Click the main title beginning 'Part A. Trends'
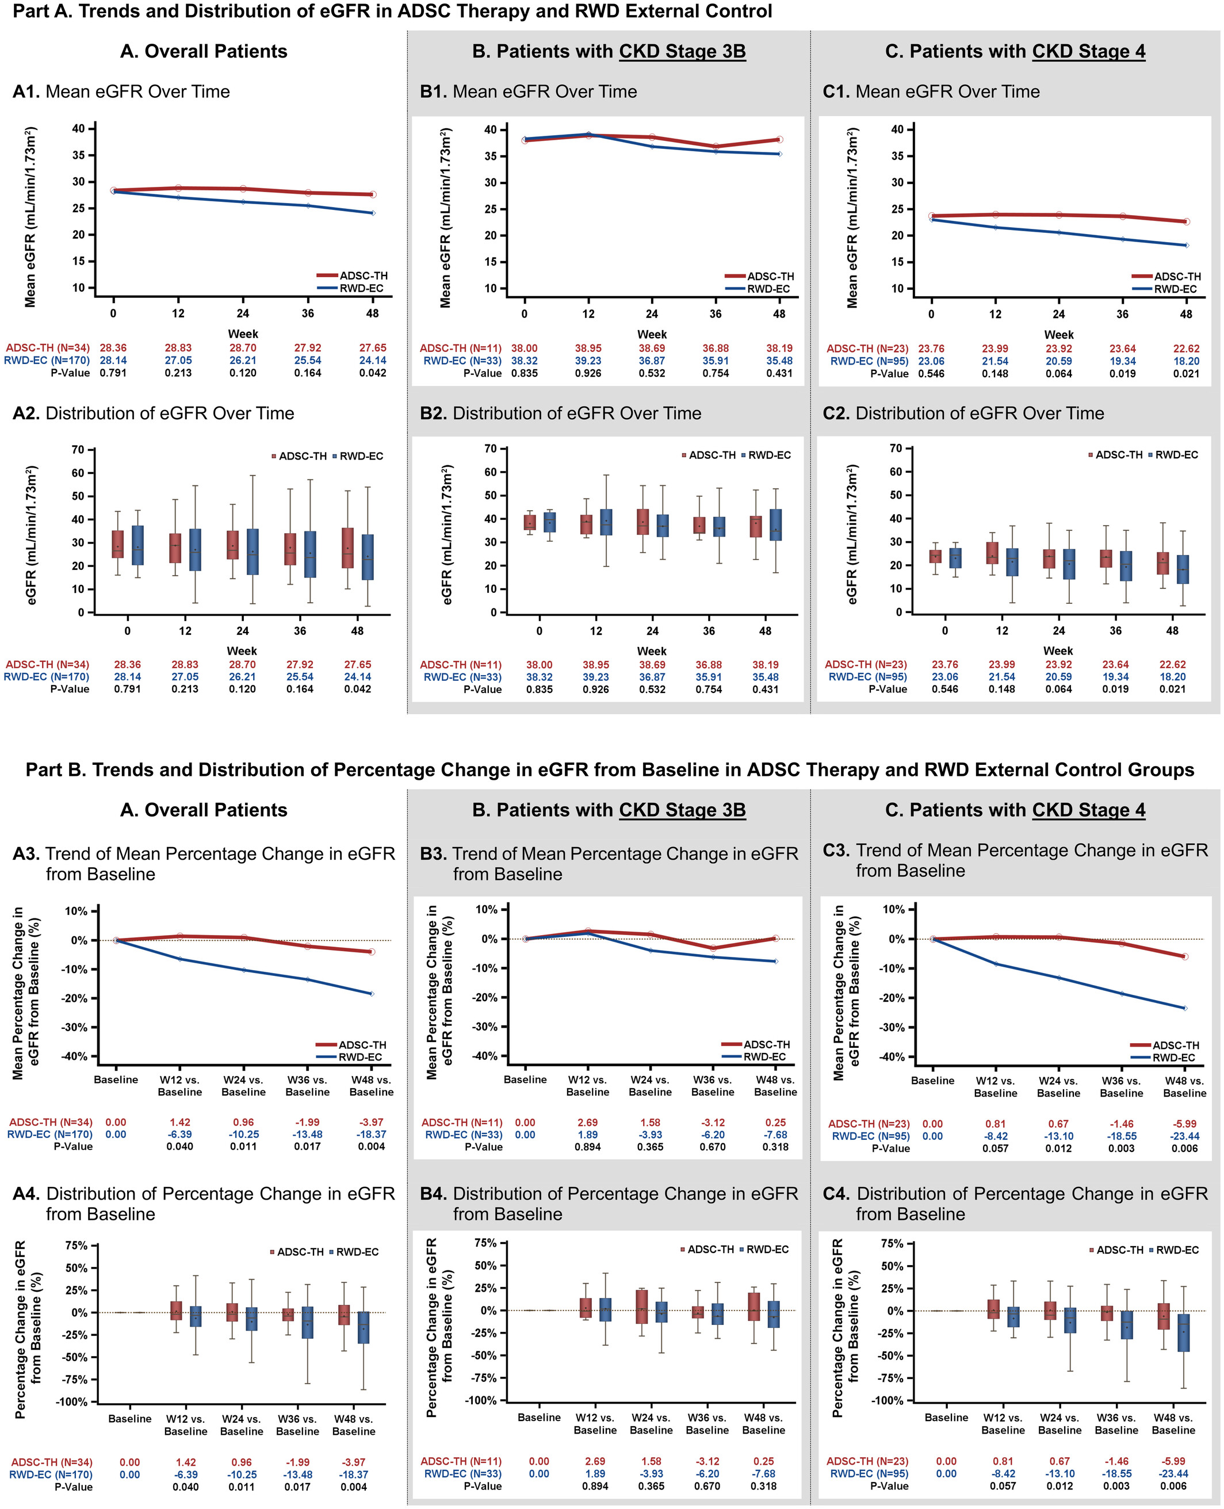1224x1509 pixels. coord(392,12)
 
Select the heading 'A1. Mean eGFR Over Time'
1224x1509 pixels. coord(121,91)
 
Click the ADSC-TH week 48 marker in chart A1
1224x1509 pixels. coord(373,194)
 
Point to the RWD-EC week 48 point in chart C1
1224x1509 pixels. coord(1186,246)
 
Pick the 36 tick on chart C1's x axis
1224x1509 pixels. coord(1122,315)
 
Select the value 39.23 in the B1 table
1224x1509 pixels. coord(588,361)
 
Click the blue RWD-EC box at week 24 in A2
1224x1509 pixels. coord(253,552)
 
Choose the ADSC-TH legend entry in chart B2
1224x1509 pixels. coord(708,455)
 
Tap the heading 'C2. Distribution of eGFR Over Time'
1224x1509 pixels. coord(963,413)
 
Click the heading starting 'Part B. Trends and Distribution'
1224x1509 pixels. coord(610,769)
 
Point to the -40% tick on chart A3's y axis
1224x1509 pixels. coord(77,1056)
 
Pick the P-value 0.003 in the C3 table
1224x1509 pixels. coord(1121,1148)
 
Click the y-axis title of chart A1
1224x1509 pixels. coord(30,217)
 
